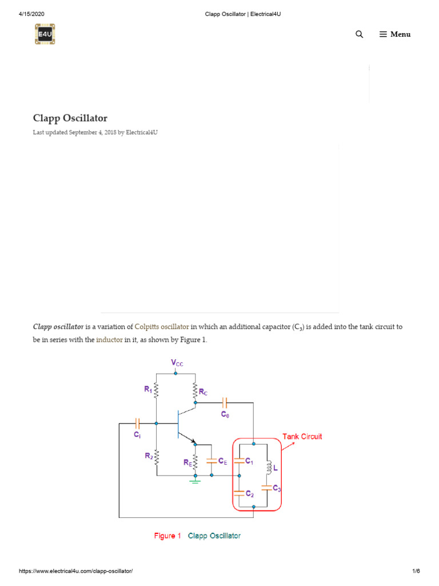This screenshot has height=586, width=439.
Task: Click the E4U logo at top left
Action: click(x=45, y=34)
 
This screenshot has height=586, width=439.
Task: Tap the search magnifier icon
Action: click(x=359, y=34)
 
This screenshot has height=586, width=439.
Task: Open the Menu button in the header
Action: click(x=395, y=34)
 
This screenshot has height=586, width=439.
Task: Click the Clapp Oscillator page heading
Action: click(x=70, y=118)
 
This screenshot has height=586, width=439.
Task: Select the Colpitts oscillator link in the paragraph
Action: click(x=162, y=327)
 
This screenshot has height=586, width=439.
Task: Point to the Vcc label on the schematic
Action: click(x=177, y=363)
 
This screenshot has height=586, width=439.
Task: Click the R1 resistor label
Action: click(x=148, y=389)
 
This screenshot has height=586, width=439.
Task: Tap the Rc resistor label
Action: click(x=203, y=393)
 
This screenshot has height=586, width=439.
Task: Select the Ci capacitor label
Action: click(x=137, y=435)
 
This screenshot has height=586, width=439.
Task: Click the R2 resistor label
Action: click(x=148, y=456)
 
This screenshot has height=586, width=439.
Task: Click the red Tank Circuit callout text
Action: click(x=302, y=436)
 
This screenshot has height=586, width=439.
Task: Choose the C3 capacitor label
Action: click(x=277, y=488)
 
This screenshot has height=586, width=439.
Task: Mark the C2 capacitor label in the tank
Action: click(x=249, y=493)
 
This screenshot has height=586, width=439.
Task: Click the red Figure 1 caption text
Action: click(x=167, y=536)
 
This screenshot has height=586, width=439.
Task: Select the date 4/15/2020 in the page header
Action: click(x=31, y=14)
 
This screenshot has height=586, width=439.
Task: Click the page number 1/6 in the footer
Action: click(x=416, y=571)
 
